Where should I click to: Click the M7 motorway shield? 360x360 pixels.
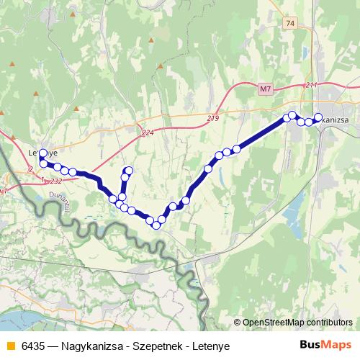[265, 89]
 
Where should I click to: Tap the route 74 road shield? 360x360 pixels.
[290, 24]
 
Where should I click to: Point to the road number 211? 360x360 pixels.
[311, 86]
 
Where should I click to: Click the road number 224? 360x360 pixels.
[148, 132]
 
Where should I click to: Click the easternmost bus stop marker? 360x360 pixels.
[318, 117]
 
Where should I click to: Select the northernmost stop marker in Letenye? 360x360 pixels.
[42, 153]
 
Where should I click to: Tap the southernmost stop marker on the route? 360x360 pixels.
[156, 225]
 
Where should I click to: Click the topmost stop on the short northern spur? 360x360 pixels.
[128, 171]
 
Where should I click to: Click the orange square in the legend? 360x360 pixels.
[9, 346]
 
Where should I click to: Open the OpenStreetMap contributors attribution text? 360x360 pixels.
[295, 322]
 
